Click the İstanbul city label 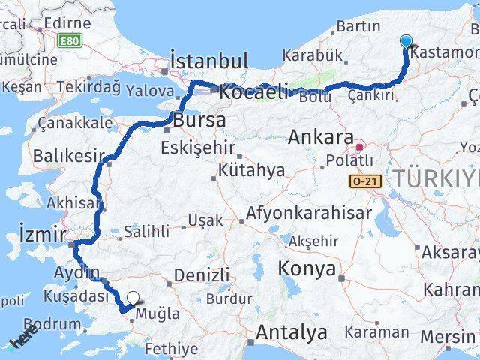coord(208,61)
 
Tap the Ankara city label coord(321,137)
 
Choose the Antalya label coord(292,331)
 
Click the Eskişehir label coord(198,148)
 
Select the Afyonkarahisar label coord(309,214)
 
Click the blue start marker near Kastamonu coord(406,42)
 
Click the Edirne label coord(67,22)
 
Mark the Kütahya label coord(251,171)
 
